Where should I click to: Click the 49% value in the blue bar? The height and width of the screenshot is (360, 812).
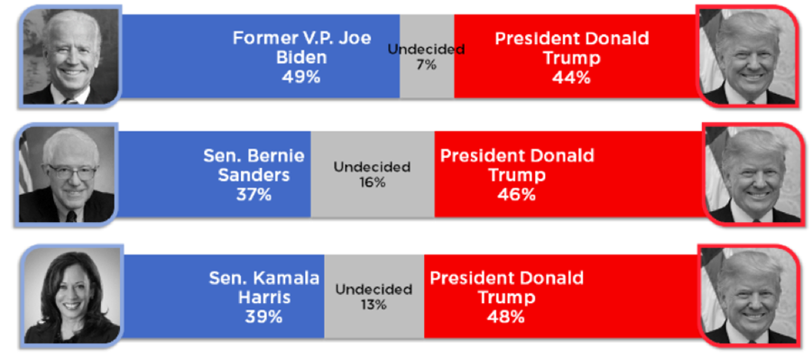point(300,78)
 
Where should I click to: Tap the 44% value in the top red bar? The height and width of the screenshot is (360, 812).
point(571,78)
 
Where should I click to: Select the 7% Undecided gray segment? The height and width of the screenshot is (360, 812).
point(426,56)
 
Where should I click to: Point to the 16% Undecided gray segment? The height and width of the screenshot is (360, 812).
point(372,174)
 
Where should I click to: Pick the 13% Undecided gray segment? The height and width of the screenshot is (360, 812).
point(374,297)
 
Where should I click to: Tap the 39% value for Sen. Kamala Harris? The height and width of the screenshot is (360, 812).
point(263,317)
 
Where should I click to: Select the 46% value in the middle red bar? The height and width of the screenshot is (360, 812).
point(516,194)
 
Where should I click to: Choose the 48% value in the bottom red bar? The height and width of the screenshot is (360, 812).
point(505,317)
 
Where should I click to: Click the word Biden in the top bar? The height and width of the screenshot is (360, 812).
point(301,58)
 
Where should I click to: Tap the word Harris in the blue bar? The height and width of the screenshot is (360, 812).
point(263,297)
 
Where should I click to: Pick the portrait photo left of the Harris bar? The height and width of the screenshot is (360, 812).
point(73,295)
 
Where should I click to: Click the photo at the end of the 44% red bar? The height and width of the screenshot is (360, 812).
point(748,54)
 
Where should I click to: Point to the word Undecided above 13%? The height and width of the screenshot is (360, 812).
point(374,290)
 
